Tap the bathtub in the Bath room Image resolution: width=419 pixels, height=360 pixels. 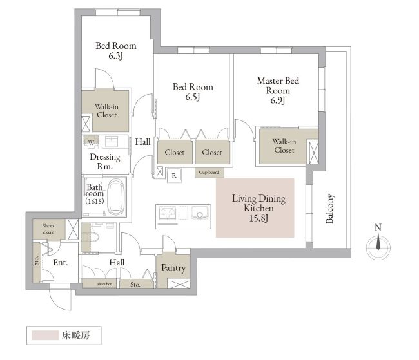(x=115, y=196)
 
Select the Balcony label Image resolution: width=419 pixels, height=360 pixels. (x=330, y=209)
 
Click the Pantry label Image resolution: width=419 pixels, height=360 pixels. (x=173, y=268)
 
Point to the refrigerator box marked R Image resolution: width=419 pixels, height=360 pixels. (x=174, y=175)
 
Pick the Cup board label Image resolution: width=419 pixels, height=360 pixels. (x=209, y=172)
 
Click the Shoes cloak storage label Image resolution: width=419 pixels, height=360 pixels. (x=48, y=229)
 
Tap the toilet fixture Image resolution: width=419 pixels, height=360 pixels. (x=90, y=238)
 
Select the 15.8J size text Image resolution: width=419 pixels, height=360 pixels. (x=258, y=218)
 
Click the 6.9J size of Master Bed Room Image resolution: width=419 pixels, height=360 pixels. (x=278, y=100)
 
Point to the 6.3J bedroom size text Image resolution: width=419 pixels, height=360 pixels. (x=115, y=56)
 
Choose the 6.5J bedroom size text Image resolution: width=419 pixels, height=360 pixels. (x=193, y=97)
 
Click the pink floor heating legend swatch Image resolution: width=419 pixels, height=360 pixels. (x=45, y=336)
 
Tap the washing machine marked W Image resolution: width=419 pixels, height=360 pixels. (x=91, y=142)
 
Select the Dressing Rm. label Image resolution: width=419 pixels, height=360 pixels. (x=104, y=162)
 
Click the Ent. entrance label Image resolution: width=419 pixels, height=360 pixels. (x=61, y=263)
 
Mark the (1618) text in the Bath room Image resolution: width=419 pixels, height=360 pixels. (x=95, y=201)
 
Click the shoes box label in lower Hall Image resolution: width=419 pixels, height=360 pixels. (x=104, y=284)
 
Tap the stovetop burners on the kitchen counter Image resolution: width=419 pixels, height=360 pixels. (x=168, y=213)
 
